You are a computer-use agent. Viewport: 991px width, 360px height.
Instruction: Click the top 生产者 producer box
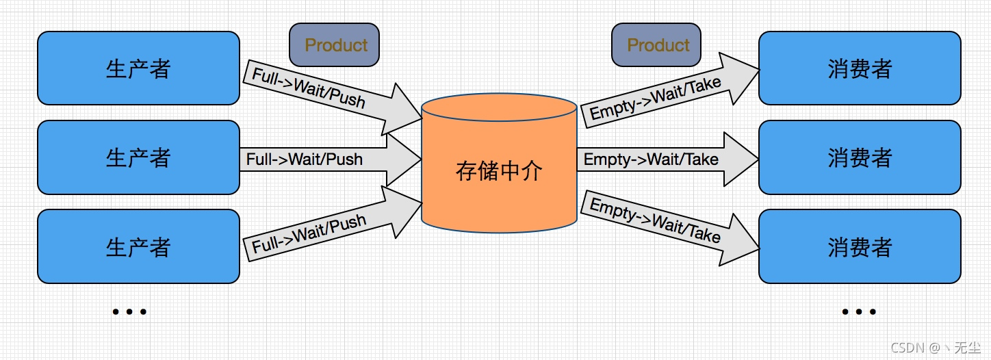coord(138,68)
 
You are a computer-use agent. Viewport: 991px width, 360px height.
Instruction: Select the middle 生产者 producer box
coord(138,157)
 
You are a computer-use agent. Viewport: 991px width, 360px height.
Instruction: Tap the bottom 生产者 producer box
coord(138,246)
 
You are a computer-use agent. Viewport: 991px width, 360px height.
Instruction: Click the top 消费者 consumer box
coord(860,68)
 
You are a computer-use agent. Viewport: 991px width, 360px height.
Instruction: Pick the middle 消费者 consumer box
coord(860,157)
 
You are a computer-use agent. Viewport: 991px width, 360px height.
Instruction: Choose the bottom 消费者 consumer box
coord(860,246)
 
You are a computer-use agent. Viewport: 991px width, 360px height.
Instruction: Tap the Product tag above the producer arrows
coord(334,45)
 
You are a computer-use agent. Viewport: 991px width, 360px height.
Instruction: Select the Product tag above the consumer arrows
coord(656,45)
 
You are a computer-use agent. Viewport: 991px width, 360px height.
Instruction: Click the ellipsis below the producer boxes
coord(129,312)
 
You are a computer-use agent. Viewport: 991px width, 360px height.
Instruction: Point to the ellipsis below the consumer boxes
coord(859,312)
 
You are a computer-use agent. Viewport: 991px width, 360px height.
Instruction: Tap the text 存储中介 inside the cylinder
coord(499,171)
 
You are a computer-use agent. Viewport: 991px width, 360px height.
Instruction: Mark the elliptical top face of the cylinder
coord(499,108)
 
